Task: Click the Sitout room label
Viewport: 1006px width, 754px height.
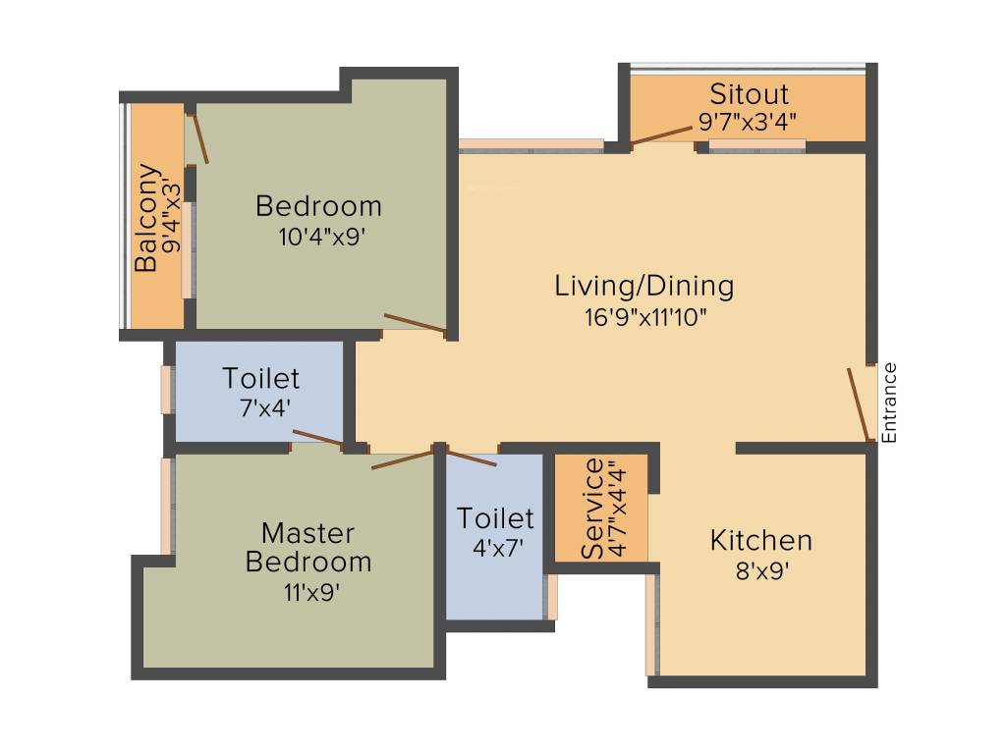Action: [749, 94]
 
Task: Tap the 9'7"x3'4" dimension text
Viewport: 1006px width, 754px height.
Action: [747, 122]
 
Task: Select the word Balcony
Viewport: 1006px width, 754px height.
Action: [146, 218]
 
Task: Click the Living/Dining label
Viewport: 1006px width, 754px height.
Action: [643, 287]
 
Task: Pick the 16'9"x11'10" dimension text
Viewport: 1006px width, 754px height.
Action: [643, 316]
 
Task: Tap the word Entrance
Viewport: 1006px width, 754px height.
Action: [889, 403]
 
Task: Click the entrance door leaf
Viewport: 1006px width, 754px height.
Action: [859, 404]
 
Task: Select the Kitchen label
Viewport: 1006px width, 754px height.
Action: [761, 540]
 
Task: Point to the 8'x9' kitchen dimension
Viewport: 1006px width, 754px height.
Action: [761, 569]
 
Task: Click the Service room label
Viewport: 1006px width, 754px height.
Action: [592, 509]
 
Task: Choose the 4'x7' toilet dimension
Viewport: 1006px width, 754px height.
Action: [495, 547]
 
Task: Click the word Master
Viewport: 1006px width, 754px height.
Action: [307, 533]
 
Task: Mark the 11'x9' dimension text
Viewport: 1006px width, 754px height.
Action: [307, 592]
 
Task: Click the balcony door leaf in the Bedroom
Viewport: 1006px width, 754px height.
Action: [199, 138]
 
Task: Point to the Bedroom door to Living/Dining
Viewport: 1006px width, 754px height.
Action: [415, 323]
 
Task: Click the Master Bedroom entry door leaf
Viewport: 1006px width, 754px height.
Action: [403, 458]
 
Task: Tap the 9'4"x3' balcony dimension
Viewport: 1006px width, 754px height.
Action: [174, 218]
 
